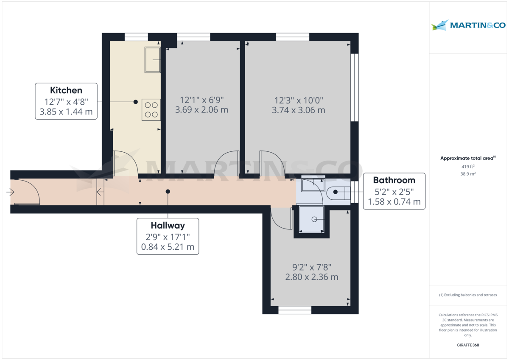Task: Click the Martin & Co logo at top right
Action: pos(468,25)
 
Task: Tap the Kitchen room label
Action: pos(66,90)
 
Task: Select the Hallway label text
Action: pos(168,225)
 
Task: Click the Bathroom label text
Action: pos(394,180)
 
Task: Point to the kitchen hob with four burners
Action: pos(151,109)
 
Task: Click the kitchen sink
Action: pos(152,60)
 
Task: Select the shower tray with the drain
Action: pos(312,219)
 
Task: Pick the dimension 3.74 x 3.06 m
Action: pos(298,110)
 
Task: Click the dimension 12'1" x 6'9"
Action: pos(201,100)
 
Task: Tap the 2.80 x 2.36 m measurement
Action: pos(311,277)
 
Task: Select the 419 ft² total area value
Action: pos(468,167)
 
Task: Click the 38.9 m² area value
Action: pos(468,174)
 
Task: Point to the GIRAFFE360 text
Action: pos(468,345)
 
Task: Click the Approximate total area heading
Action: pos(468,158)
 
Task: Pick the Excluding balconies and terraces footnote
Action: pos(468,295)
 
